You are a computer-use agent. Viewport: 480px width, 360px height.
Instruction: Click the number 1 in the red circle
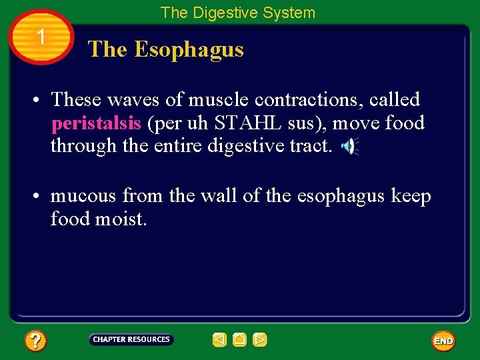pos(41,37)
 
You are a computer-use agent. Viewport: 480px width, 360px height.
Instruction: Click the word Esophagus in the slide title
pos(189,49)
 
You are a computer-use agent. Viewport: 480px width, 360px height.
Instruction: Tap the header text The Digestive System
pos(238,13)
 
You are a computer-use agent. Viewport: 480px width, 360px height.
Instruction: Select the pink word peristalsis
pos(96,123)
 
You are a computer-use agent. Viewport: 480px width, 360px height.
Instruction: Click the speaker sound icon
pos(349,147)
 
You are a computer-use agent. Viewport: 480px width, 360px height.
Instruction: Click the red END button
pos(443,341)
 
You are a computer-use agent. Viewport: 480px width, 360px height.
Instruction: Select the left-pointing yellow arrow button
pos(219,340)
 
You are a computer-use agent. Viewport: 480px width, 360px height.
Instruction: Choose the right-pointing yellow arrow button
pos(260,340)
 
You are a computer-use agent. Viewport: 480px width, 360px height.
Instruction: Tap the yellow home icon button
pos(240,340)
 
